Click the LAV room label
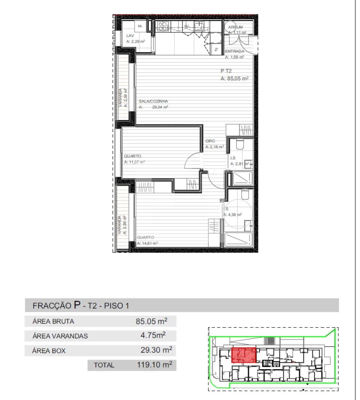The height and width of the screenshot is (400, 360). click(x=129, y=36)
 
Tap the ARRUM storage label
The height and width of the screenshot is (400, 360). click(x=235, y=28)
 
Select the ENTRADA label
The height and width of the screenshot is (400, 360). click(x=234, y=52)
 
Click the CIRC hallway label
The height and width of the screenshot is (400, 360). click(x=210, y=141)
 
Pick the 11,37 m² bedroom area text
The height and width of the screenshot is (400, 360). click(x=134, y=162)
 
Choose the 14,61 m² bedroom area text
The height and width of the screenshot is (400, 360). click(x=147, y=243)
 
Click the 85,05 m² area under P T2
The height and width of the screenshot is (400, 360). click(x=234, y=79)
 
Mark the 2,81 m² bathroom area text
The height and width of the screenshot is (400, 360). click(x=240, y=164)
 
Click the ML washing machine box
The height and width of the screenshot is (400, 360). click(x=140, y=26)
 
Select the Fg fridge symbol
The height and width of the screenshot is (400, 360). click(x=216, y=50)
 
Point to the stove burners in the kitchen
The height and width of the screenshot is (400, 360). click(x=162, y=26)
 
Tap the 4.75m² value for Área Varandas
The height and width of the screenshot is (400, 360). click(x=154, y=335)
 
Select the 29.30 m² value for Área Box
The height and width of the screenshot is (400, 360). click(x=154, y=350)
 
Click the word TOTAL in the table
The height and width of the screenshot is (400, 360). click(x=104, y=365)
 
